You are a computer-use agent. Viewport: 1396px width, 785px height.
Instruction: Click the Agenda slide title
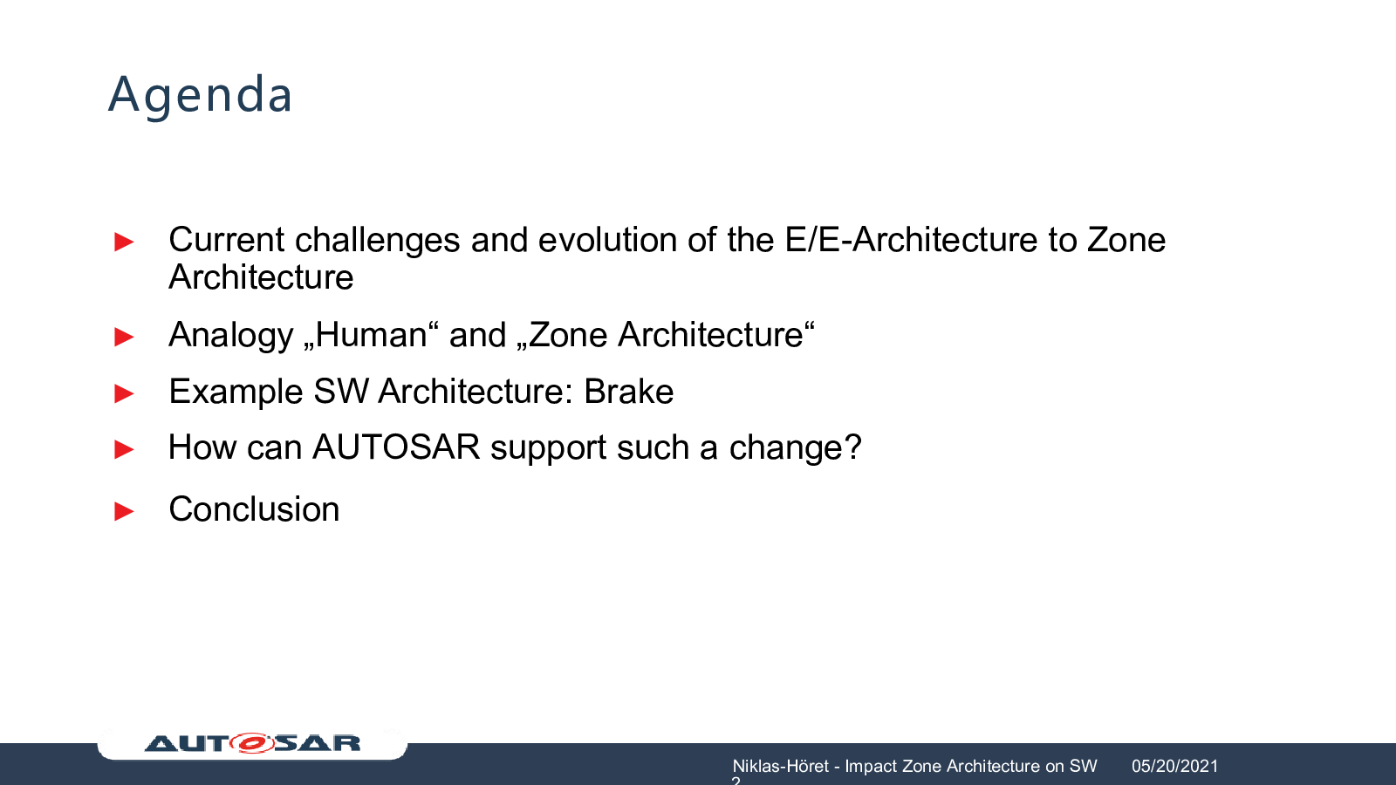click(200, 95)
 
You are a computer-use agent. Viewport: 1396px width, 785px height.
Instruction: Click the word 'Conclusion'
click(254, 509)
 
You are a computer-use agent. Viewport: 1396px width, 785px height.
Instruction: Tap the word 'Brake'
click(628, 392)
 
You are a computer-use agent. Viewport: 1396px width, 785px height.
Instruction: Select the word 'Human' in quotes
click(372, 335)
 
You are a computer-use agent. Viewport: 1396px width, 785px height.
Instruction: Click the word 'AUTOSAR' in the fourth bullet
click(396, 447)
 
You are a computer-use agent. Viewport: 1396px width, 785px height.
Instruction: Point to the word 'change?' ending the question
click(795, 447)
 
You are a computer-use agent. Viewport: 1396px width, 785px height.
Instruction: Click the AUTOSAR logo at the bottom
click(252, 742)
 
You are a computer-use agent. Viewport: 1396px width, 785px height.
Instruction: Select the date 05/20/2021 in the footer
click(1174, 766)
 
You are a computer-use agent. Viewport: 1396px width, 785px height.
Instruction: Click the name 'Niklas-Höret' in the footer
click(780, 766)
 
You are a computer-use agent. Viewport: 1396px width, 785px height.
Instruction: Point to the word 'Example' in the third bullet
click(236, 392)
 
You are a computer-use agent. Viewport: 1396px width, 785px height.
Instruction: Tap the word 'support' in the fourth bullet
click(549, 448)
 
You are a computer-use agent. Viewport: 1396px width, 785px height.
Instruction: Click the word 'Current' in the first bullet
click(227, 240)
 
